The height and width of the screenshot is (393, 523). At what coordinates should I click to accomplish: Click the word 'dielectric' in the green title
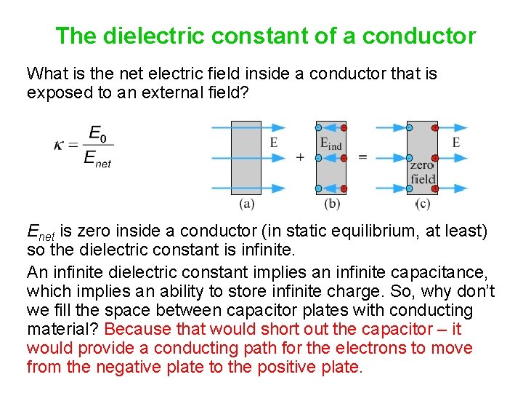(155, 35)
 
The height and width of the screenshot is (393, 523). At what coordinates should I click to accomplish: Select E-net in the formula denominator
(97, 159)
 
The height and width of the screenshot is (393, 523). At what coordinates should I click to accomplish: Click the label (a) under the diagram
(246, 203)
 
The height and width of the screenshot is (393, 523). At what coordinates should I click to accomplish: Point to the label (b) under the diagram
(332, 203)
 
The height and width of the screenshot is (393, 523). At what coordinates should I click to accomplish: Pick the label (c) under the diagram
(423, 203)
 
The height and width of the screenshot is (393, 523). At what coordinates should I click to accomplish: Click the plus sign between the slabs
(300, 157)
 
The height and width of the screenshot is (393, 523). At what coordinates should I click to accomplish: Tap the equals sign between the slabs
(362, 157)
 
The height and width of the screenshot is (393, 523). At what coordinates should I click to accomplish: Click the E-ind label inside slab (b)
(331, 143)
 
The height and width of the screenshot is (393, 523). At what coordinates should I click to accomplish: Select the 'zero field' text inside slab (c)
(422, 172)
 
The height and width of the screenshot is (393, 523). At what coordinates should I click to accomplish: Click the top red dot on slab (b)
(344, 128)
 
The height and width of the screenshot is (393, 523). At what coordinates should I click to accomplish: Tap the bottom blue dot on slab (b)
(318, 188)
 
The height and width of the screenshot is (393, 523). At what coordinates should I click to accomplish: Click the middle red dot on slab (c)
(434, 157)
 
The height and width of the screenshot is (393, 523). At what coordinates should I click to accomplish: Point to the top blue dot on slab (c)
(409, 128)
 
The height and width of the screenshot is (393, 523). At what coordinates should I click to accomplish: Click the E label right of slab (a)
(273, 143)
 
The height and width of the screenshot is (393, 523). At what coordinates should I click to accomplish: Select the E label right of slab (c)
(455, 143)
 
